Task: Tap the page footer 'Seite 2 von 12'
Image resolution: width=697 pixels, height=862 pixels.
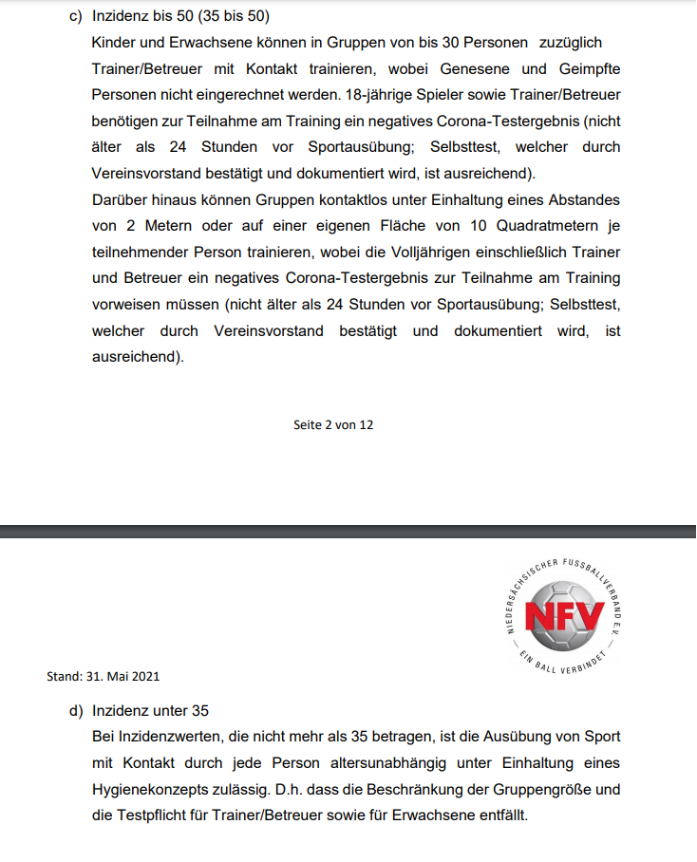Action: (x=333, y=425)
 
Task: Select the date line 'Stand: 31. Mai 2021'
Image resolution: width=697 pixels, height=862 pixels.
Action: (x=103, y=677)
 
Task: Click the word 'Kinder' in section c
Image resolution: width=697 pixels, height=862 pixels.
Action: (x=114, y=44)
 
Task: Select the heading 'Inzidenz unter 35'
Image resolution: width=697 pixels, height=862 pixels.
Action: (x=150, y=711)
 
